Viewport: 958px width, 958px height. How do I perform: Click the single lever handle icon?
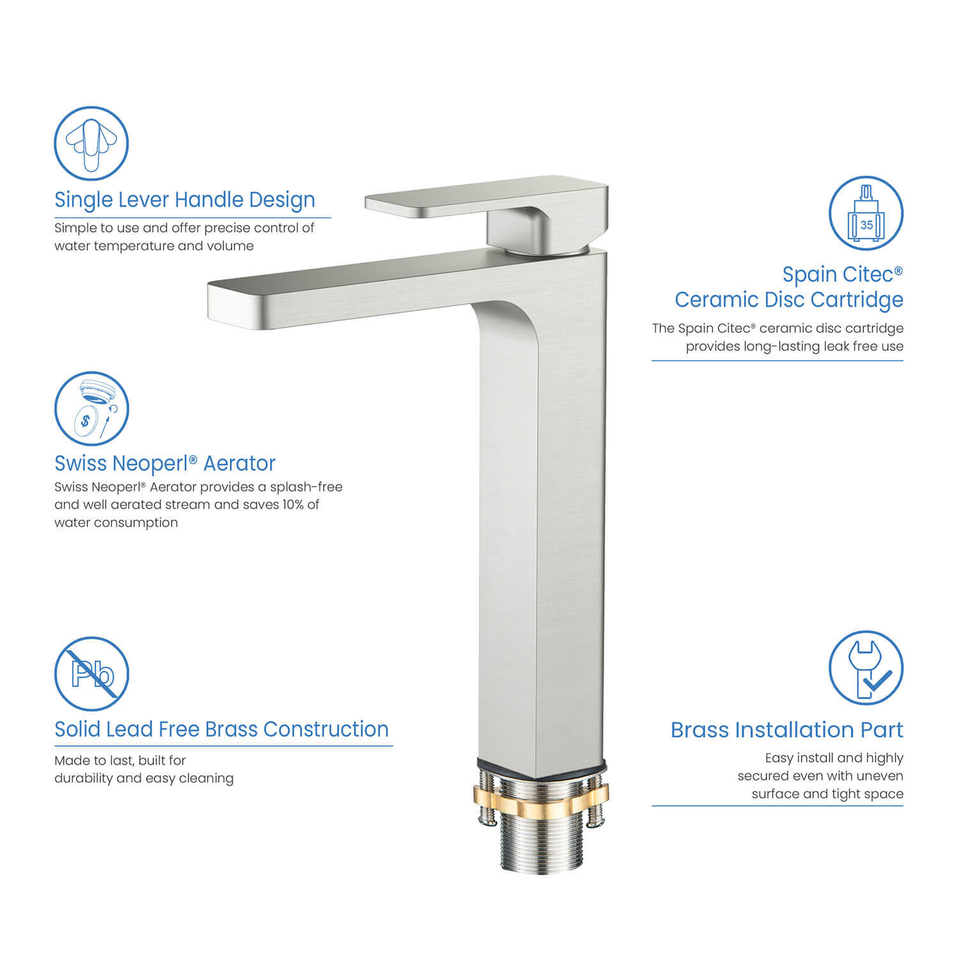(91, 144)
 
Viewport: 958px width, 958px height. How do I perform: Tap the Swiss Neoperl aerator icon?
(91, 409)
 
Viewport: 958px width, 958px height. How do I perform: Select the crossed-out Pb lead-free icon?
(91, 674)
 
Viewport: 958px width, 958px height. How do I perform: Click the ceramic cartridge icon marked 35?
(866, 213)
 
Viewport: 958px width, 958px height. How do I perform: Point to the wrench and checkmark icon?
(866, 669)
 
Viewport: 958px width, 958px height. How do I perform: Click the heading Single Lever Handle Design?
(185, 200)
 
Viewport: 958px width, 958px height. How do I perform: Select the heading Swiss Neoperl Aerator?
(165, 463)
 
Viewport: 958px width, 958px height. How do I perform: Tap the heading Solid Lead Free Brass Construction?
(221, 729)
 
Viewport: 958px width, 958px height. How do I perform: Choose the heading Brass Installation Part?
(787, 730)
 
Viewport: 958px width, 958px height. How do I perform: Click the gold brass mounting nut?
(540, 796)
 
